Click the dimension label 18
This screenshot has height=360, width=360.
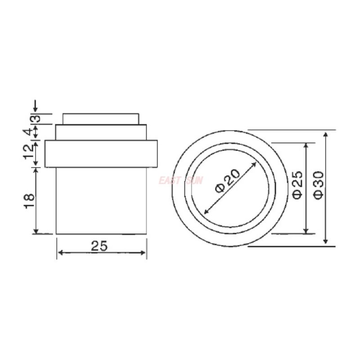(x=28, y=201)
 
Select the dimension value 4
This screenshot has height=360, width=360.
(x=28, y=132)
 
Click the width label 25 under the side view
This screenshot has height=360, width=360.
(x=101, y=246)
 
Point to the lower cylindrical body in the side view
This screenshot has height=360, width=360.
(x=101, y=200)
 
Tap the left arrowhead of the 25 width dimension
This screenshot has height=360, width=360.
(x=60, y=252)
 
